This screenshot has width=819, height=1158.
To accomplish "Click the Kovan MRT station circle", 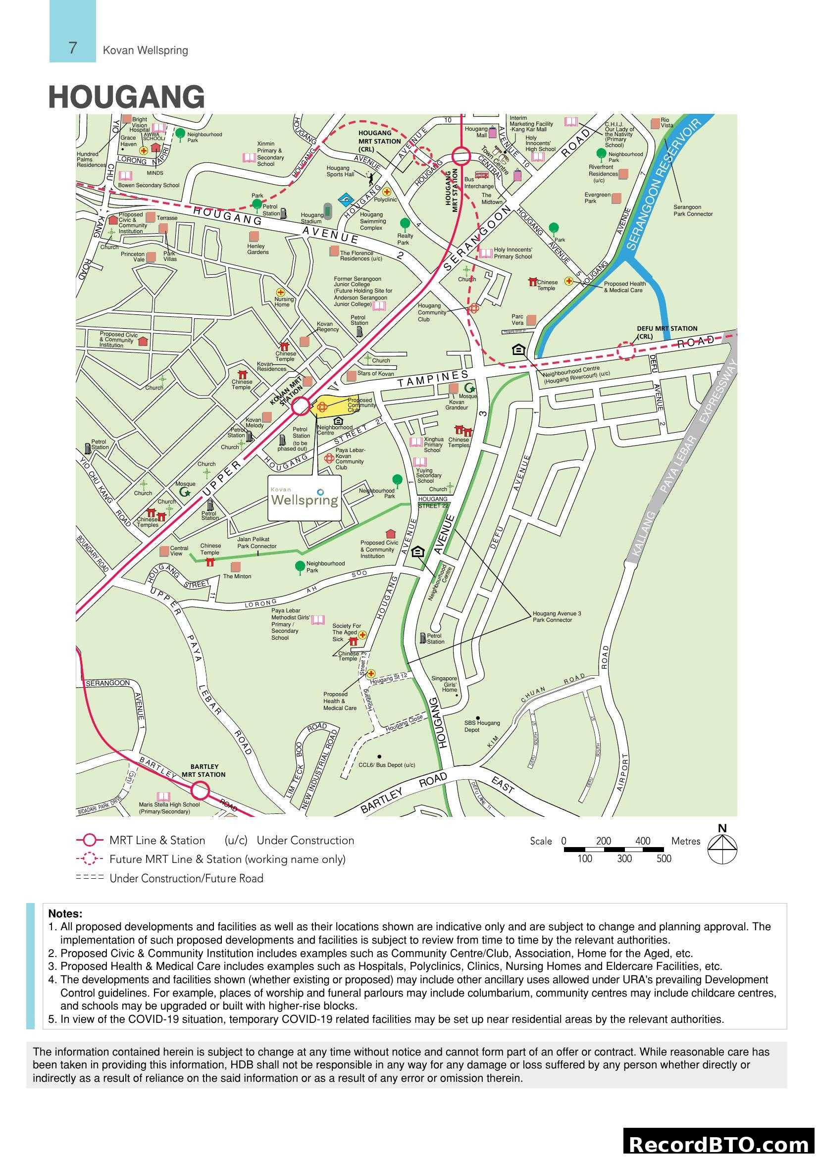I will pos(301,406).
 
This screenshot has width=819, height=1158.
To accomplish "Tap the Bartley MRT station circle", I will pos(200,790).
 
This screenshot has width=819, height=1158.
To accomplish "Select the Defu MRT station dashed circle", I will pos(626,351).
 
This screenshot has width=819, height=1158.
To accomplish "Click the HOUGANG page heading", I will pos(127,98).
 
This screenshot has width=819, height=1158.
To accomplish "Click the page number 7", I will pos(73,48).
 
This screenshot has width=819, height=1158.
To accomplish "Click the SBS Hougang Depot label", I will pos(482,726).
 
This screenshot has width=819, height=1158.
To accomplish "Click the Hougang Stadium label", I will pos(311,218).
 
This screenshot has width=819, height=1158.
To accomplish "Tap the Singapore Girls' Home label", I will pos(444,684).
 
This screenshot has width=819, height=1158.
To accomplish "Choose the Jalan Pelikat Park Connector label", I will pos(256,543).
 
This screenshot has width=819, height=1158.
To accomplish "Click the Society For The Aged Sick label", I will pos(347,632).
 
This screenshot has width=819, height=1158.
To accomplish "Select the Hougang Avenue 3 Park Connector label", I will pos(557,617).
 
